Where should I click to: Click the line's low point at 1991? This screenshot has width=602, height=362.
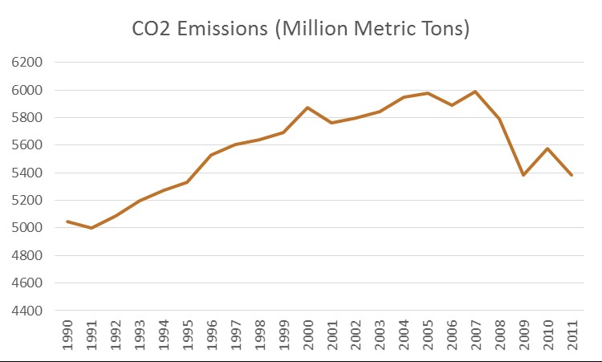tap(91, 228)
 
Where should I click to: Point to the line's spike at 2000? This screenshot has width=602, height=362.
tap(307, 108)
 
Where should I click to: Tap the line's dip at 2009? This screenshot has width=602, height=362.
tap(523, 174)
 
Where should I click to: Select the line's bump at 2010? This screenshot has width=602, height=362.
tap(547, 148)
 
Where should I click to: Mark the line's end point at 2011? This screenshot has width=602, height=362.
tap(571, 175)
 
